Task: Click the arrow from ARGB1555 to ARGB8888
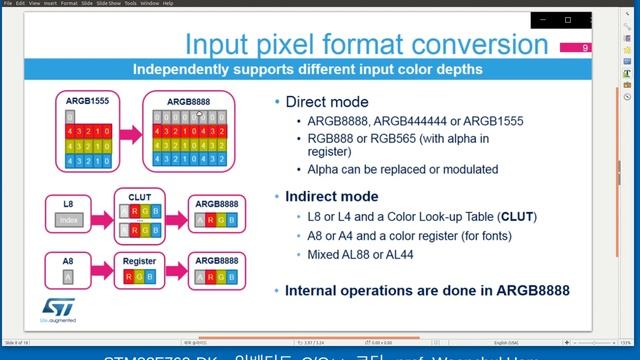(127, 135)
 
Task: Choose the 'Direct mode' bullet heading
(326, 102)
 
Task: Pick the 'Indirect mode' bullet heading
(330, 197)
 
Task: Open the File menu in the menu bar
(6, 3)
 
